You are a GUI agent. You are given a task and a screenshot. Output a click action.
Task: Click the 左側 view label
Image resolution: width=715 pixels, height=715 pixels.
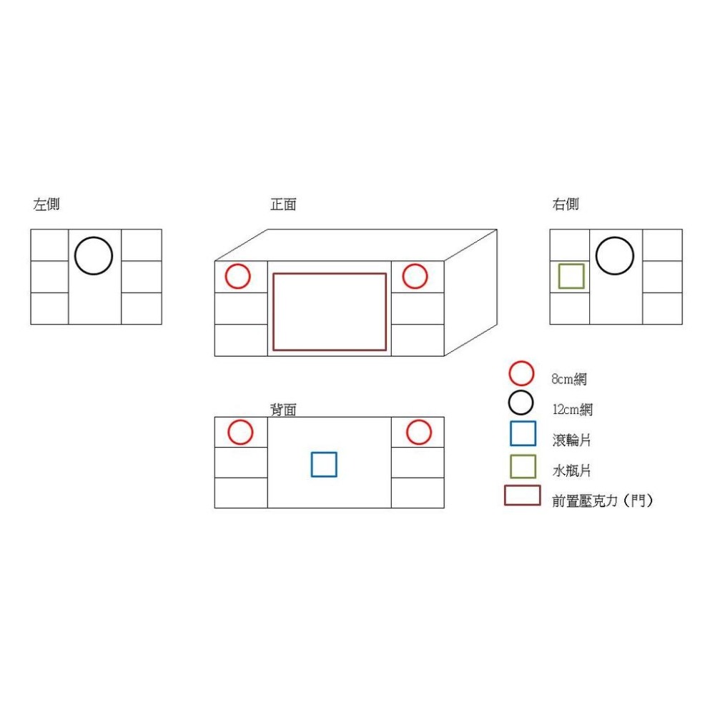click(46, 204)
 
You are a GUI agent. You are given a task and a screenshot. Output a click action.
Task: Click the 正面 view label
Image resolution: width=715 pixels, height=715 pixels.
click(283, 204)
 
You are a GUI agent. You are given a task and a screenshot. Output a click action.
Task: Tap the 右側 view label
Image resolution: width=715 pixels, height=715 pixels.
click(566, 204)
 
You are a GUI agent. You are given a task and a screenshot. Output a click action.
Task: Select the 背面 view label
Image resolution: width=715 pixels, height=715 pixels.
click(283, 410)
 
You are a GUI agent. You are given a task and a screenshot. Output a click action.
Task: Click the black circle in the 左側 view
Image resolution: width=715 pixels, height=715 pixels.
click(94, 256)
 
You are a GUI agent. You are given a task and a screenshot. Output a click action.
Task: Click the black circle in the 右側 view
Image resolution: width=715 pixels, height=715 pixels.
click(615, 256)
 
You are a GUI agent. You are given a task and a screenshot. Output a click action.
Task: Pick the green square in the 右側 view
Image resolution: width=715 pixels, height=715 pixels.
click(571, 276)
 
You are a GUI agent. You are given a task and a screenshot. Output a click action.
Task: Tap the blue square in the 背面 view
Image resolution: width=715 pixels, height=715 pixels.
click(324, 464)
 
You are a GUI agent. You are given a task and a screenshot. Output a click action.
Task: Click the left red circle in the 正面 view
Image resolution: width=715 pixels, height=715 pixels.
click(238, 276)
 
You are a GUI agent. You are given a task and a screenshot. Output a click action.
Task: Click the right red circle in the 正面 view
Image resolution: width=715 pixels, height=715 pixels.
click(415, 276)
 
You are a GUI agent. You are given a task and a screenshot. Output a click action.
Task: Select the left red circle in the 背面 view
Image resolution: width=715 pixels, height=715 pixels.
click(240, 432)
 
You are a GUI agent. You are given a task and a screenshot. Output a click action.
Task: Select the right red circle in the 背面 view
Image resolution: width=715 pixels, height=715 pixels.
click(419, 432)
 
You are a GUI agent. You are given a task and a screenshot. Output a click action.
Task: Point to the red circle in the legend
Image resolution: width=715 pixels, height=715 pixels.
click(521, 373)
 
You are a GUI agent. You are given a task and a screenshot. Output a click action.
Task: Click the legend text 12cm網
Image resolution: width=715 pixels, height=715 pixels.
click(572, 410)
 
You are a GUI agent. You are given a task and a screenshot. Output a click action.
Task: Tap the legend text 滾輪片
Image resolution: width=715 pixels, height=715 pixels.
click(571, 440)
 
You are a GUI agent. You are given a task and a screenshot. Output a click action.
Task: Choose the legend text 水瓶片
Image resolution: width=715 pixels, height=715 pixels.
click(571, 470)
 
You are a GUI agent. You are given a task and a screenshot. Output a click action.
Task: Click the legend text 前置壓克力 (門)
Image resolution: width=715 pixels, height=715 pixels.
click(602, 501)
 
